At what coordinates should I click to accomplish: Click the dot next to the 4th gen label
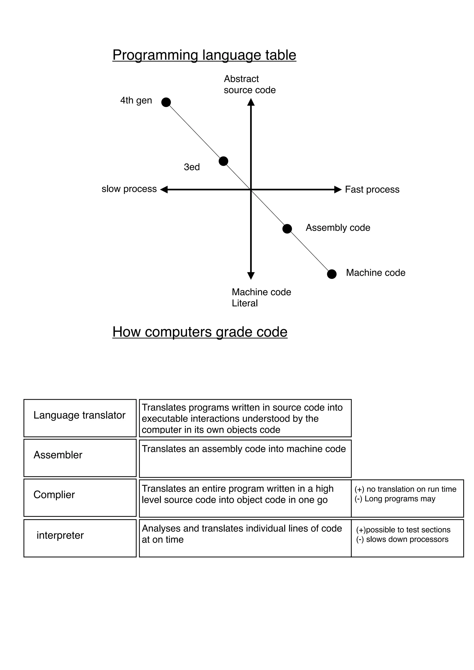[166, 102]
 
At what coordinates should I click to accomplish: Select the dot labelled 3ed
[223, 161]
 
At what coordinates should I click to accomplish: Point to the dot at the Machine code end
[331, 274]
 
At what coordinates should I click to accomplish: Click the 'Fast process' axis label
[372, 189]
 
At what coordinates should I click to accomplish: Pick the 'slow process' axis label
[129, 189]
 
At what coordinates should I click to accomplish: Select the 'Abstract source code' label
[249, 84]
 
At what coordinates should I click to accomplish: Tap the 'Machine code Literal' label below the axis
[261, 297]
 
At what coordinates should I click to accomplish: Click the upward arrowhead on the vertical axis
[251, 102]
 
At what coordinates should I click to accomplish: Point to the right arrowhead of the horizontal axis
[338, 189]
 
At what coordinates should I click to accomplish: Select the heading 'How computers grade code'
[200, 332]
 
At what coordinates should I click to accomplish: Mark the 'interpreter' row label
[60, 535]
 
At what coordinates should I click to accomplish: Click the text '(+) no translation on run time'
[405, 489]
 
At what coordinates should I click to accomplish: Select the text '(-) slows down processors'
[402, 539]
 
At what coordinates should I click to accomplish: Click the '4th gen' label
[136, 100]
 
